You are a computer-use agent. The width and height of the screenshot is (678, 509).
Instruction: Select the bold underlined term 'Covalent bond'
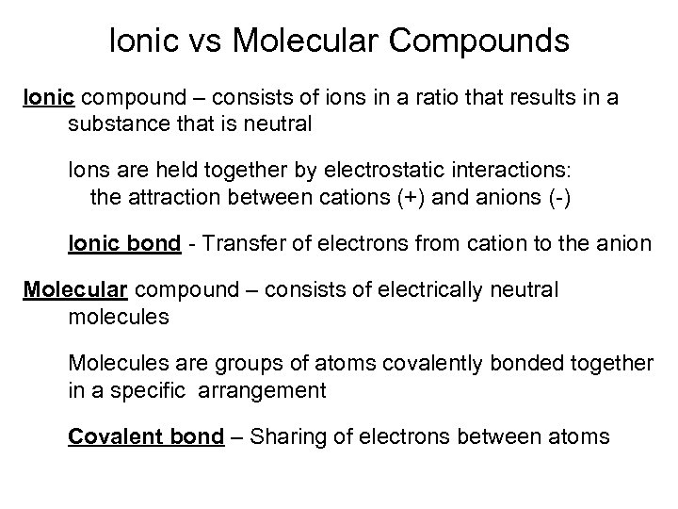[x=146, y=436]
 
